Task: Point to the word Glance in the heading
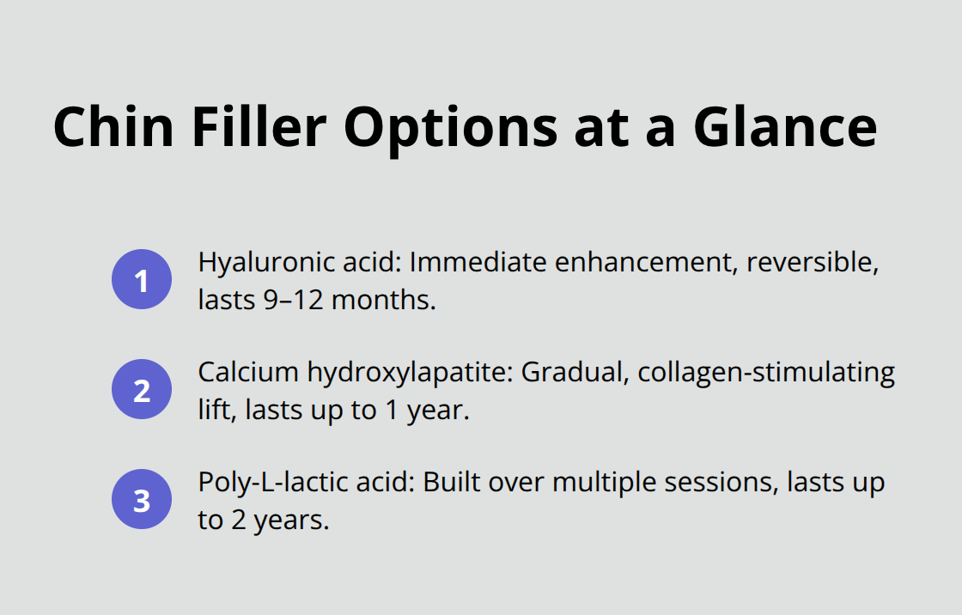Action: tap(785, 126)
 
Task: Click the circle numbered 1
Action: tap(142, 279)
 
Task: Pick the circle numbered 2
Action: tap(142, 389)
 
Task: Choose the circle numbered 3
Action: tap(142, 499)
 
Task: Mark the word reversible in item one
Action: tap(813, 263)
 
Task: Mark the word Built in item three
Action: tap(451, 483)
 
